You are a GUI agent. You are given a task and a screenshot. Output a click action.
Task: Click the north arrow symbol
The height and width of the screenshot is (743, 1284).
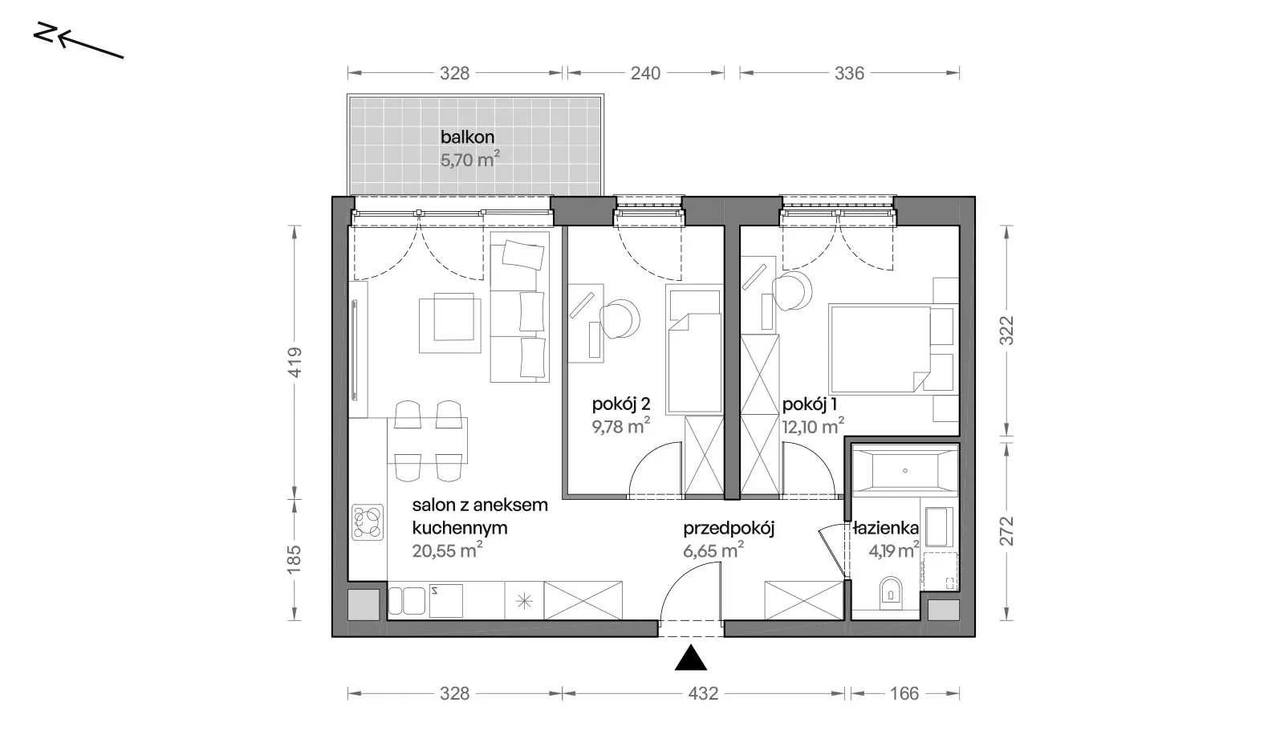tap(79, 40)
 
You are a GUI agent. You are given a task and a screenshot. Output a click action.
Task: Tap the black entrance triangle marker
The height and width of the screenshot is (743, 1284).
tap(691, 658)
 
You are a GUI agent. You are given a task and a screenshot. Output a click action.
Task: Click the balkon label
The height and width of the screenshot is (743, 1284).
tap(467, 137)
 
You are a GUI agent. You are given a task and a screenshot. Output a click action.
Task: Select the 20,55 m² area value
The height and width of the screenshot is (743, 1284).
tap(447, 550)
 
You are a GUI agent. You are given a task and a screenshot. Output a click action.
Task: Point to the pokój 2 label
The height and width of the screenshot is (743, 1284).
tap(621, 404)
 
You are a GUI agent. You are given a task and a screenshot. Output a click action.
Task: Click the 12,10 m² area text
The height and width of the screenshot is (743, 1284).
tap(813, 427)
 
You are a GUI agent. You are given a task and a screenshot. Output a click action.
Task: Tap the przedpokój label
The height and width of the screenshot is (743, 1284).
tap(729, 529)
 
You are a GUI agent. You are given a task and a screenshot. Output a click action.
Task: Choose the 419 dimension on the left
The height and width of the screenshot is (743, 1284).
tap(295, 363)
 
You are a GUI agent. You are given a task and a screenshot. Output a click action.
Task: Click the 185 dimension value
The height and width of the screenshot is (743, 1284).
tap(294, 559)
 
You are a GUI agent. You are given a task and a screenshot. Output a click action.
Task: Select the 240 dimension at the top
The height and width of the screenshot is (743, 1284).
tap(645, 73)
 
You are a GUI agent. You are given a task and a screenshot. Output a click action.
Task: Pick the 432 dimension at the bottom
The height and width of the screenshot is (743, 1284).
tap(703, 694)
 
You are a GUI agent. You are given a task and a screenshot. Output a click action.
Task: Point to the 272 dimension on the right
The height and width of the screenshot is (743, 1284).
tap(1006, 531)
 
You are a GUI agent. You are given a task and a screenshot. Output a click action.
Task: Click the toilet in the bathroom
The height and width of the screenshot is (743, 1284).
tap(890, 593)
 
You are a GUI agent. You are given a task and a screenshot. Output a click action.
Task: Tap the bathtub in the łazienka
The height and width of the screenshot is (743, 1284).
tap(905, 471)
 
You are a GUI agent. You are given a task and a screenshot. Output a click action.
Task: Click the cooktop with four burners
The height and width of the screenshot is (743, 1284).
tap(368, 522)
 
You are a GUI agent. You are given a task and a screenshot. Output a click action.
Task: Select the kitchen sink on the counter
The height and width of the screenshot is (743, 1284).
tap(406, 601)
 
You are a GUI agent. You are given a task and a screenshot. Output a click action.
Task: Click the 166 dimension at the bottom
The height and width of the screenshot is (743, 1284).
tap(904, 694)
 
